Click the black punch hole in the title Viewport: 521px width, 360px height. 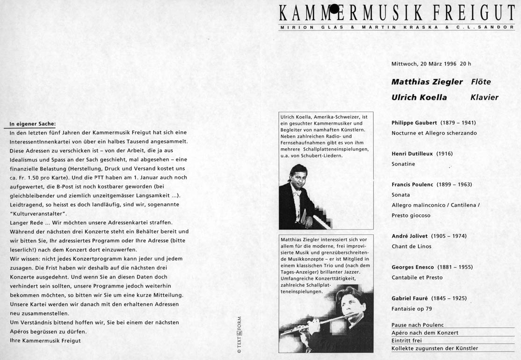point(334,8)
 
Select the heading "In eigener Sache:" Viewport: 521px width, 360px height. point(33,124)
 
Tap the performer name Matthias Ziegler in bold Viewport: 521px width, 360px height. point(427,82)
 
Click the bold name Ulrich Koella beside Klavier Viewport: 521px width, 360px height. point(419,98)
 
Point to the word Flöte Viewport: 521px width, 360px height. point(481,82)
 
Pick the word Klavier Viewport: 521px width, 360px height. point(484,98)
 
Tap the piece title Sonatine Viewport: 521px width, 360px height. point(403,164)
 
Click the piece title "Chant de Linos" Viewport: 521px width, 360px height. point(412,246)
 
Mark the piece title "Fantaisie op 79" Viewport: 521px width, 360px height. point(412,309)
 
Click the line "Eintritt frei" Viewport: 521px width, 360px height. point(407,340)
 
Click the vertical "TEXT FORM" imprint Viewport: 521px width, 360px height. point(239,334)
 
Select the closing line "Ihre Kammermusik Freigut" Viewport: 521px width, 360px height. point(45,340)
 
